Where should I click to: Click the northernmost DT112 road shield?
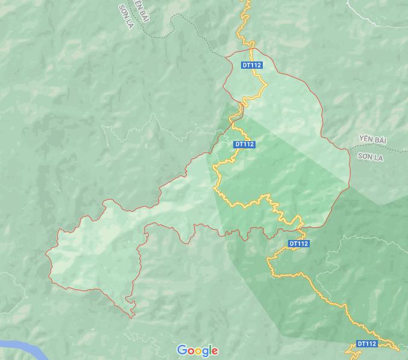(x=251, y=65)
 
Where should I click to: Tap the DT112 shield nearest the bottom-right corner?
(x=367, y=344)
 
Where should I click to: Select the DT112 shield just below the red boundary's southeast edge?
(x=299, y=244)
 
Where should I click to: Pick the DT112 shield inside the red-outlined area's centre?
(x=244, y=144)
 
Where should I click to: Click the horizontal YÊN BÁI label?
(x=372, y=141)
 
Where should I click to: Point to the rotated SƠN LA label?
(x=126, y=16)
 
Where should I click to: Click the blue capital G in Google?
(x=181, y=350)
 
